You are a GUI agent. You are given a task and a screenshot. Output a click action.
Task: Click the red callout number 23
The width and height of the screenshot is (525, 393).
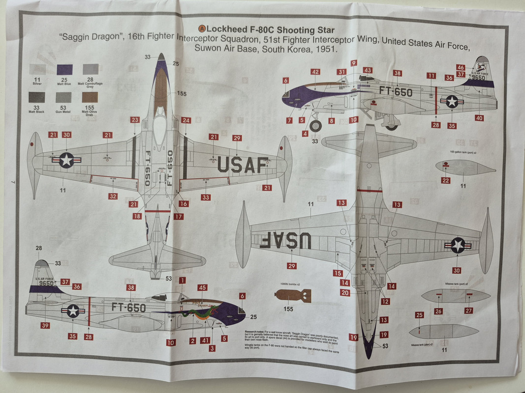pyautogui.click(x=135, y=120)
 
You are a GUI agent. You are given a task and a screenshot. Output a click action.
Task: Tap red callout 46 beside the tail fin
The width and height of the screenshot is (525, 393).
pyautogui.click(x=461, y=67)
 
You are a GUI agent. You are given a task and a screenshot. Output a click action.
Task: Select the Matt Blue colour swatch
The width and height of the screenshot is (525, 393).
pyautogui.click(x=64, y=69)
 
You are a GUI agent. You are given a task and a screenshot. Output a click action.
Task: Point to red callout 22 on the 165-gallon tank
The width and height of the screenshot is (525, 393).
pyautogui.click(x=446, y=180)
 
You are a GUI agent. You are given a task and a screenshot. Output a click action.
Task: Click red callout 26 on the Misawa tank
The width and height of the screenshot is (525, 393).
pyautogui.click(x=438, y=311)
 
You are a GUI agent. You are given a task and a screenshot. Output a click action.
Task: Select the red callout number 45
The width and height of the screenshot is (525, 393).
pyautogui.click(x=202, y=287)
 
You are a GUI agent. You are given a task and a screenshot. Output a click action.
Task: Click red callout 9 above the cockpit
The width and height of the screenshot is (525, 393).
pyautogui.click(x=354, y=63)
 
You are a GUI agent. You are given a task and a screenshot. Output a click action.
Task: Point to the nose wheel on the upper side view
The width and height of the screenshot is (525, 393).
pyautogui.click(x=316, y=125)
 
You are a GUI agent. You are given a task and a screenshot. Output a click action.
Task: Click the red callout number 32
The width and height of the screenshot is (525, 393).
pyautogui.click(x=113, y=196)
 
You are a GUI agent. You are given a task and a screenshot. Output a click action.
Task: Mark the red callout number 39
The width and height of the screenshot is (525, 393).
pyautogui.click(x=45, y=325)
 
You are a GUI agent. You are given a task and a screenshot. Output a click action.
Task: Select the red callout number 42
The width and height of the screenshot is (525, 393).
pyautogui.click(x=315, y=72)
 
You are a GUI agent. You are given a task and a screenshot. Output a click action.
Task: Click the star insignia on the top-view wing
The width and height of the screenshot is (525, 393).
pyautogui.click(x=66, y=160)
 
